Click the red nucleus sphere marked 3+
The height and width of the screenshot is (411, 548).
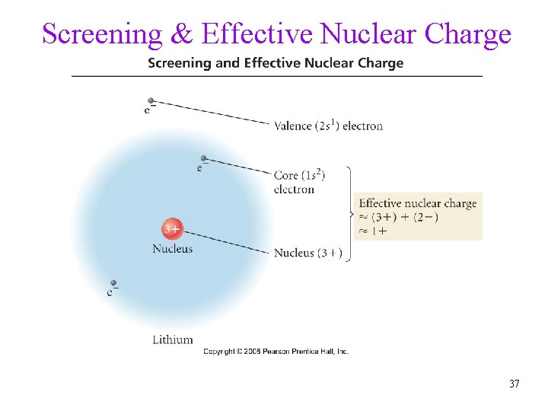171,228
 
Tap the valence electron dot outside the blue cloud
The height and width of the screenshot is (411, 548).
151,100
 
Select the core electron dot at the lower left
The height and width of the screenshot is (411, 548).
113,283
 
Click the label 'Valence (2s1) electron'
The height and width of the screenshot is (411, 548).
328,126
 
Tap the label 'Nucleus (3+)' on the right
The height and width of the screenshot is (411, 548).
308,253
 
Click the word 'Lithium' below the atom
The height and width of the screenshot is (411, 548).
173,339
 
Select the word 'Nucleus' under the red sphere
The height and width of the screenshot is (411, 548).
173,248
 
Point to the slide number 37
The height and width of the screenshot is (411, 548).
515,384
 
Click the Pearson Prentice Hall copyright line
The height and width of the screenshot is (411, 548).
276,352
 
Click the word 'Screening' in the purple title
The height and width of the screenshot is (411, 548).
102,34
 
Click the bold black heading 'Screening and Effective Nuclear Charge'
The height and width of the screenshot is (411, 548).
276,63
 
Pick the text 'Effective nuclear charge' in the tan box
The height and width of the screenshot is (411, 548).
418,203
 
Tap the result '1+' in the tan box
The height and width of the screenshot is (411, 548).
378,231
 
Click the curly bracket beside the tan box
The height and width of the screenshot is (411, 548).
349,214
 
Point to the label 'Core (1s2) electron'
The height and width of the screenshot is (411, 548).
299,182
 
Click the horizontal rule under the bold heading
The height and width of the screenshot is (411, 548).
276,76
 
